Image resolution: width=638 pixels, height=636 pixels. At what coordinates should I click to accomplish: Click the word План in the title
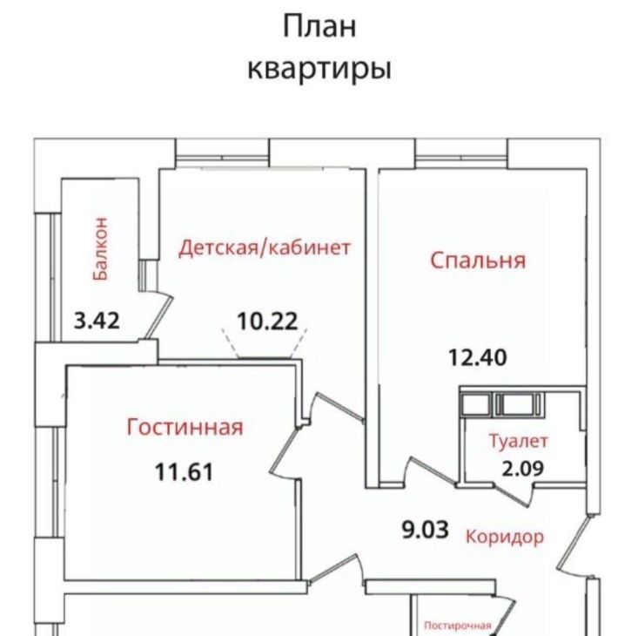coord(319,27)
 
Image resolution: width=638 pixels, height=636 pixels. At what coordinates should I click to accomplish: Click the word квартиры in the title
coord(319,69)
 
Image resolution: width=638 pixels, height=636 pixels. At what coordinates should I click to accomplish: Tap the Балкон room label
coord(100,249)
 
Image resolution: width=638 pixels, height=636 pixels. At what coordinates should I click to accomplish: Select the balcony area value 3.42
coord(97,320)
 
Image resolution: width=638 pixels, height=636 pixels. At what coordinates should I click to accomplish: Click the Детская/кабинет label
coord(265,247)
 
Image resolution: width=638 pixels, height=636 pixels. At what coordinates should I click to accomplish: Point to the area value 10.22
coord(267,321)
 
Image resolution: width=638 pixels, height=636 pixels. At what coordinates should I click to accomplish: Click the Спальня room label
coord(478,260)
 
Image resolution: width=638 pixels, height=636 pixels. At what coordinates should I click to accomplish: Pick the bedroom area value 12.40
coord(478,357)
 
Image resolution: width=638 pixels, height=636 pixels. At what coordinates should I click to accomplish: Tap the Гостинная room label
coord(185,427)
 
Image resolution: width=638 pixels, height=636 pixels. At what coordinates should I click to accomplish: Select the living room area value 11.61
coord(185,472)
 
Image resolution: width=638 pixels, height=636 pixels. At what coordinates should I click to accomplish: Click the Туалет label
coord(519,442)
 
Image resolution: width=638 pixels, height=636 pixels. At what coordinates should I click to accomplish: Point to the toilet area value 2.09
coord(522,469)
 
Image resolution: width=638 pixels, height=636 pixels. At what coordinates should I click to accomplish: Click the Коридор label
coord(505,537)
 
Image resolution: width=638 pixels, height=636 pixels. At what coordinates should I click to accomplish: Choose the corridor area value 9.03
coord(426,530)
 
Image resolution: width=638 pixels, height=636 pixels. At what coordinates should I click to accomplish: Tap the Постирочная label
coord(458,625)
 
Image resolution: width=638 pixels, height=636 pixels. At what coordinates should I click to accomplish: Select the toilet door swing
coord(514,495)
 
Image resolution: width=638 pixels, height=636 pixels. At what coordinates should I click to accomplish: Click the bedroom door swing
coord(432,471)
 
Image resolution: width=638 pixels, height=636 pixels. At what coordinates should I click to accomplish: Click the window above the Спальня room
coord(461,159)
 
